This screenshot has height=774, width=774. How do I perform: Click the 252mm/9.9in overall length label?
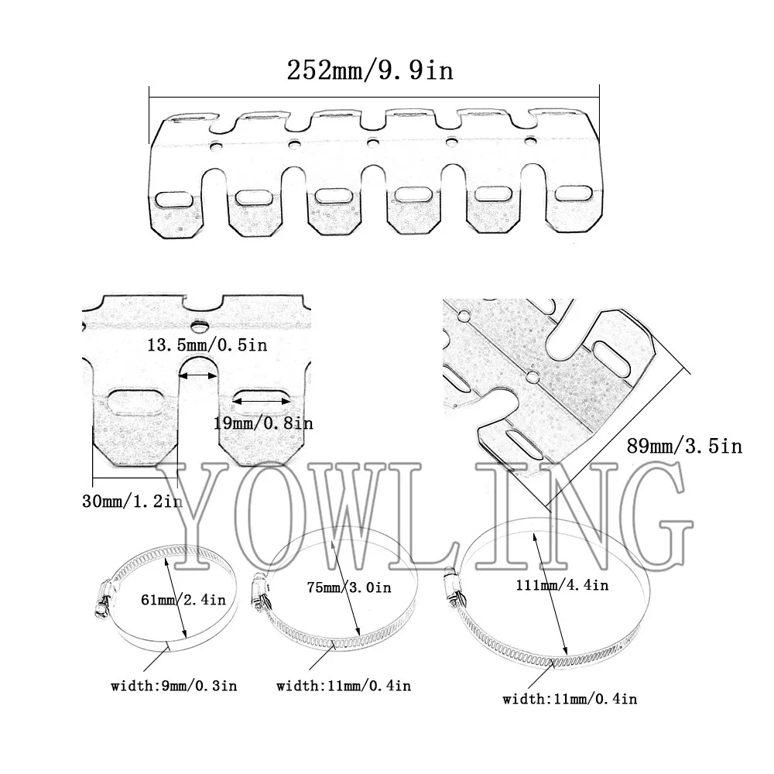[370, 70]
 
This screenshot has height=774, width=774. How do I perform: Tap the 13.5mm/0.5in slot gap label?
[207, 344]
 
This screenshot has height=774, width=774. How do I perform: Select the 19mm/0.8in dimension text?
[263, 423]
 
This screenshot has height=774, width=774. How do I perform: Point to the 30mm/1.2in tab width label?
[132, 501]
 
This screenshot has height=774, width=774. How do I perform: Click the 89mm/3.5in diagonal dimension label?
[685, 447]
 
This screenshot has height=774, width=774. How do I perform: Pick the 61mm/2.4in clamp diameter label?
[183, 599]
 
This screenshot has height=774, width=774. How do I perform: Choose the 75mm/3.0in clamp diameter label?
[349, 587]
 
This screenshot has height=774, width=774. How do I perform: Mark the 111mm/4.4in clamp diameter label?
[562, 585]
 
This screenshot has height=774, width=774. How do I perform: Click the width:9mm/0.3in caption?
[173, 686]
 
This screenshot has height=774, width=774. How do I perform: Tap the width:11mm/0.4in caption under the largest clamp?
[570, 698]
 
